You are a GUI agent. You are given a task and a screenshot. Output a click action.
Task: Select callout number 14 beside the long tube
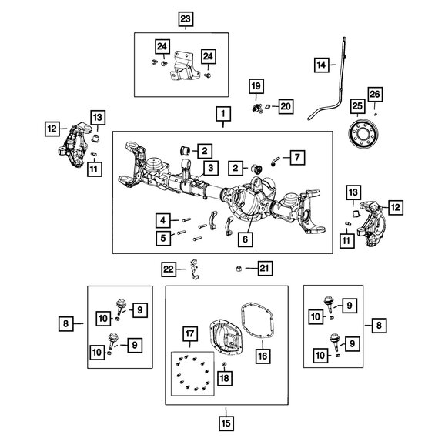(x=320, y=65)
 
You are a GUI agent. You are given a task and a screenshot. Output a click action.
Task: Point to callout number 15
(x=226, y=423)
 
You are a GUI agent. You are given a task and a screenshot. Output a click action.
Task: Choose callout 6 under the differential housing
(x=245, y=239)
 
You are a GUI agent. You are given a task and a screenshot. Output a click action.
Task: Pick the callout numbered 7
(x=298, y=158)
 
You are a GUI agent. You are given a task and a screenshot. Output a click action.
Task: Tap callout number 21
(x=263, y=268)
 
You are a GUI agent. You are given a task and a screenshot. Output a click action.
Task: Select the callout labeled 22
(x=168, y=268)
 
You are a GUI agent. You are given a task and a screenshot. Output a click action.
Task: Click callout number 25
(x=356, y=105)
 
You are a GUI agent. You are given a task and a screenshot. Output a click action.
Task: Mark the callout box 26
(x=375, y=95)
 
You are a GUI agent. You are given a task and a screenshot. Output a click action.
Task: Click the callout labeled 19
(x=255, y=85)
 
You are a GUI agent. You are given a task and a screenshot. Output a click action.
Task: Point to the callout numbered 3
(x=209, y=168)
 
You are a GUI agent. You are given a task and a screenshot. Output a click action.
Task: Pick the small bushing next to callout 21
(x=239, y=268)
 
